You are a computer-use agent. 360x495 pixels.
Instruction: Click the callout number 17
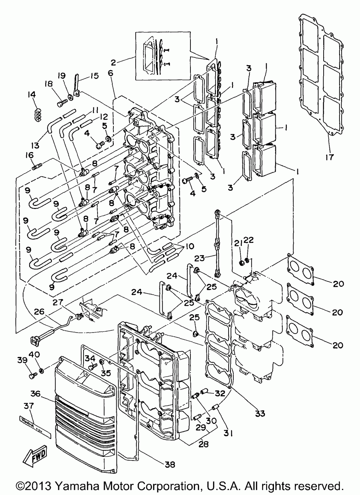[x=329, y=157]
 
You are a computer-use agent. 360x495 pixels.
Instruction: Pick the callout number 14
[x=32, y=94]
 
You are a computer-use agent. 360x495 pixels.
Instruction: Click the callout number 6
[x=111, y=72]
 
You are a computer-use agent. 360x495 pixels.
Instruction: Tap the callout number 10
[x=189, y=246]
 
